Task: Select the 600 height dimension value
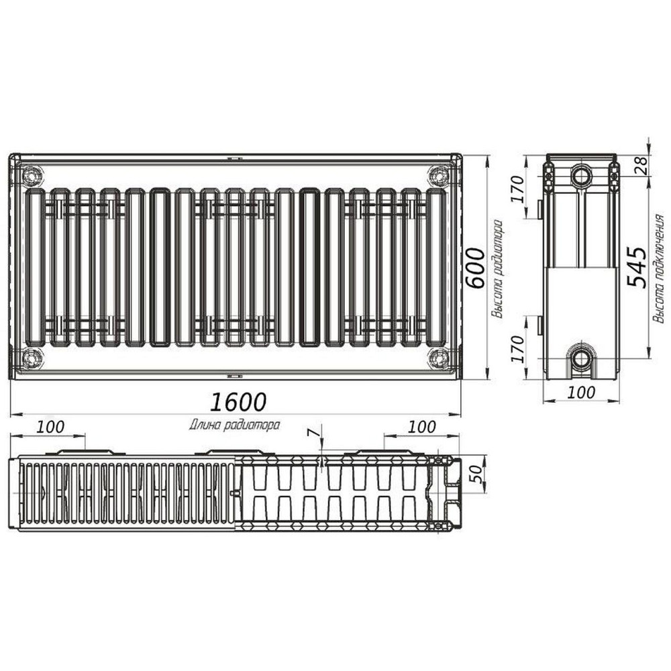pos(475,267)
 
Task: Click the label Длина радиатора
pos(234,424)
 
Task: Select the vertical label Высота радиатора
pos(497,268)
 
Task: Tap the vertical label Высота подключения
pos(659,268)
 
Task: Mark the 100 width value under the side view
pos(580,393)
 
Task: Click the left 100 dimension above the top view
pos(50,427)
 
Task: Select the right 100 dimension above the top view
pos(421,427)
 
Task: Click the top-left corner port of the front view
pos(32,176)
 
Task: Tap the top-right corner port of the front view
pos(438,176)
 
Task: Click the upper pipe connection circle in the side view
pos(581,176)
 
